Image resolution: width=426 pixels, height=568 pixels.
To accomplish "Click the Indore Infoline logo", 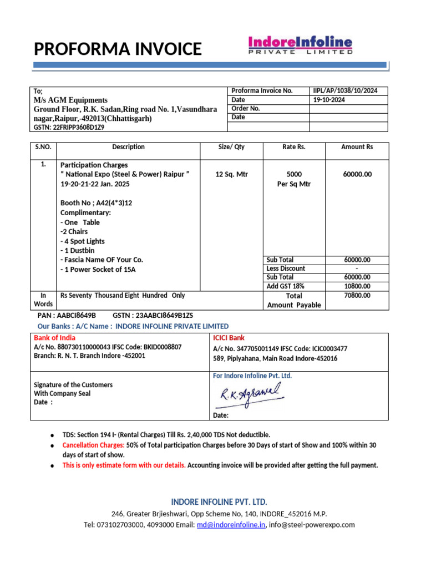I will [x=300, y=45].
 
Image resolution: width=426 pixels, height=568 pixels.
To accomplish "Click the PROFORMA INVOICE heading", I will [x=118, y=49].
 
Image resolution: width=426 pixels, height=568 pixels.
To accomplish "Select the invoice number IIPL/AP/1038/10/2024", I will [x=345, y=90].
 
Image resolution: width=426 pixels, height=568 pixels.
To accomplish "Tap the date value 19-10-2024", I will [x=329, y=100].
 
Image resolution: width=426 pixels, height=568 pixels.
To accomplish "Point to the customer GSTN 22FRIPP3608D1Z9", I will [x=69, y=127].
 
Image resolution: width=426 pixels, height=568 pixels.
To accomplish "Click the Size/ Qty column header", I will [x=231, y=147].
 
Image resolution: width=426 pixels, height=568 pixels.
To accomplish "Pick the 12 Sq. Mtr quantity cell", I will [x=231, y=174].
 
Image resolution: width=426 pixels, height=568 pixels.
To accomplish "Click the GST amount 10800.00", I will [x=357, y=286].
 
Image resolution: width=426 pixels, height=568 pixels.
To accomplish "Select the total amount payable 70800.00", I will [x=357, y=296].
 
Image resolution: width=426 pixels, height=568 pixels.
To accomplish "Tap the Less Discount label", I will [x=286, y=268].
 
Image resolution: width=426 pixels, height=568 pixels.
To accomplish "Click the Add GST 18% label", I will [x=286, y=286].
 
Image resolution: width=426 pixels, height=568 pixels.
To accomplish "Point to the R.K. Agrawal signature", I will [x=251, y=395].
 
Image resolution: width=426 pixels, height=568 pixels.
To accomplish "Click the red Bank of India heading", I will [x=55, y=337].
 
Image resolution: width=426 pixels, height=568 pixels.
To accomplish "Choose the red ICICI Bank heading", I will [x=229, y=337].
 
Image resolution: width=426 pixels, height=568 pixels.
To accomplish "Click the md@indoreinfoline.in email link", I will [x=231, y=525].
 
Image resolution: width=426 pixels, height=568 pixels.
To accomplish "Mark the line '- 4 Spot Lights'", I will [x=82, y=241].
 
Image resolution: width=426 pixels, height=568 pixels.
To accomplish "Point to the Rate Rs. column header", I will [x=293, y=147].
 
